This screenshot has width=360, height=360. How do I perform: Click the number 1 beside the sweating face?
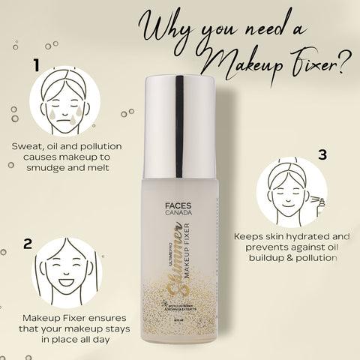pos(35,66)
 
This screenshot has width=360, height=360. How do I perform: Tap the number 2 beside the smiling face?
pos(28,244)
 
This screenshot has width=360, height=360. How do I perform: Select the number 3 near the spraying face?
pos(322,155)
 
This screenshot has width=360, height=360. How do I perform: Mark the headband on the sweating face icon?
pos(61,82)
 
